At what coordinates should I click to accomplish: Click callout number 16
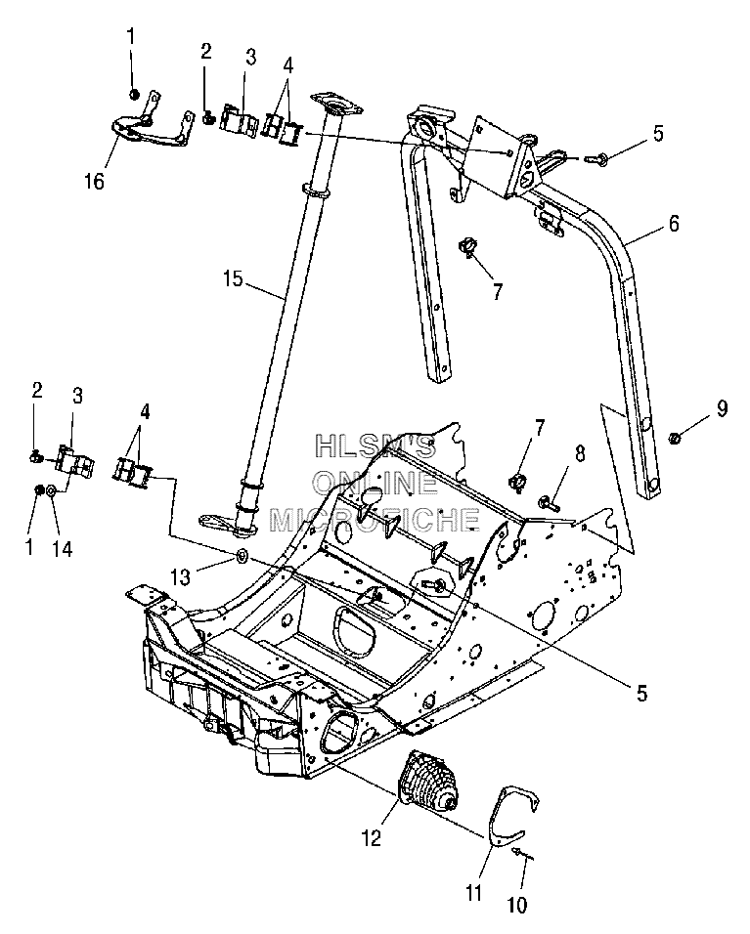(x=94, y=181)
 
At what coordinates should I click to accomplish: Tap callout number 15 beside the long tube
(x=234, y=278)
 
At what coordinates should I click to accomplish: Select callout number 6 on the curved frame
(x=673, y=223)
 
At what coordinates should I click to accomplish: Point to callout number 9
(x=722, y=408)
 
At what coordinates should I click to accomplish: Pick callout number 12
(x=371, y=838)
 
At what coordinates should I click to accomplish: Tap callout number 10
(x=517, y=906)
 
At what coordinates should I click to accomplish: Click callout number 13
(x=181, y=576)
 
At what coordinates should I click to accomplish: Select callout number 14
(x=62, y=548)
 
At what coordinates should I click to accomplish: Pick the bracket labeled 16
(x=153, y=123)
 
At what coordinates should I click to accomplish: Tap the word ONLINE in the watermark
(x=375, y=482)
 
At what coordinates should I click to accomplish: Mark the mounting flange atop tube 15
(x=335, y=104)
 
